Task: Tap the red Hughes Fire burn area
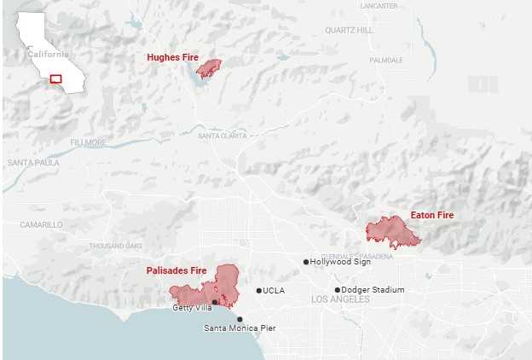(209, 68)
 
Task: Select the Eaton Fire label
(431, 215)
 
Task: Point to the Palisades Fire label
(176, 270)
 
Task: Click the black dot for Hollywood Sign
(306, 262)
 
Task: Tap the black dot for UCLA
(259, 291)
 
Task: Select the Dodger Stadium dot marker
(337, 290)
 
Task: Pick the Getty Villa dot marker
(215, 301)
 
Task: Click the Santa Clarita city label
(222, 136)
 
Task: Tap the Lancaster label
(379, 6)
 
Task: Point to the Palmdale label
(386, 61)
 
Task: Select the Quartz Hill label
(349, 30)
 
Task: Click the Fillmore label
(88, 142)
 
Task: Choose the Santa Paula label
(33, 162)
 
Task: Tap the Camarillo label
(42, 224)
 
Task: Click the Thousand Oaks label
(116, 246)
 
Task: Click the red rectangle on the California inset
(56, 78)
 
